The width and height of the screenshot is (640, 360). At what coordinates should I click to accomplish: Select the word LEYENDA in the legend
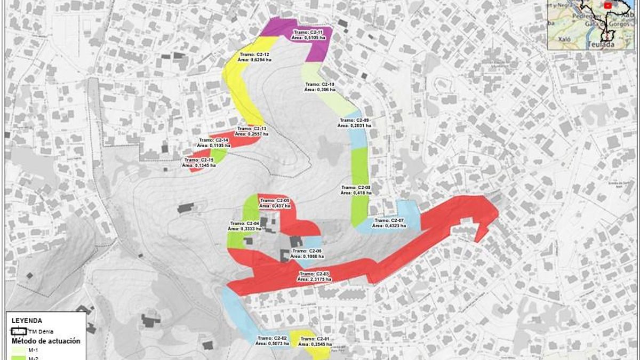click(x=27, y=321)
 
